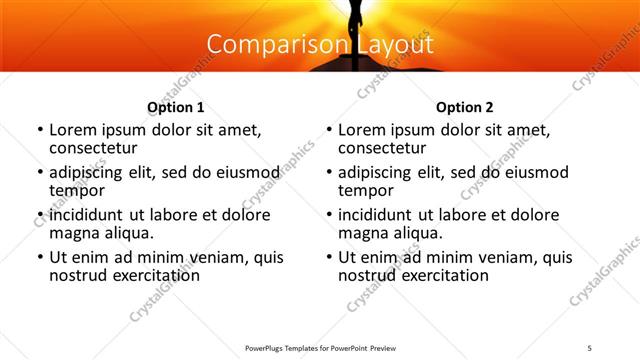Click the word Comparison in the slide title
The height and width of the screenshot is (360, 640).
267,45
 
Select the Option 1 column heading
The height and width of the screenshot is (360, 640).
176,107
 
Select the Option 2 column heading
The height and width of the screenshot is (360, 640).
465,107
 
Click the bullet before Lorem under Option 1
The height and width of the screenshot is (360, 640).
40,131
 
